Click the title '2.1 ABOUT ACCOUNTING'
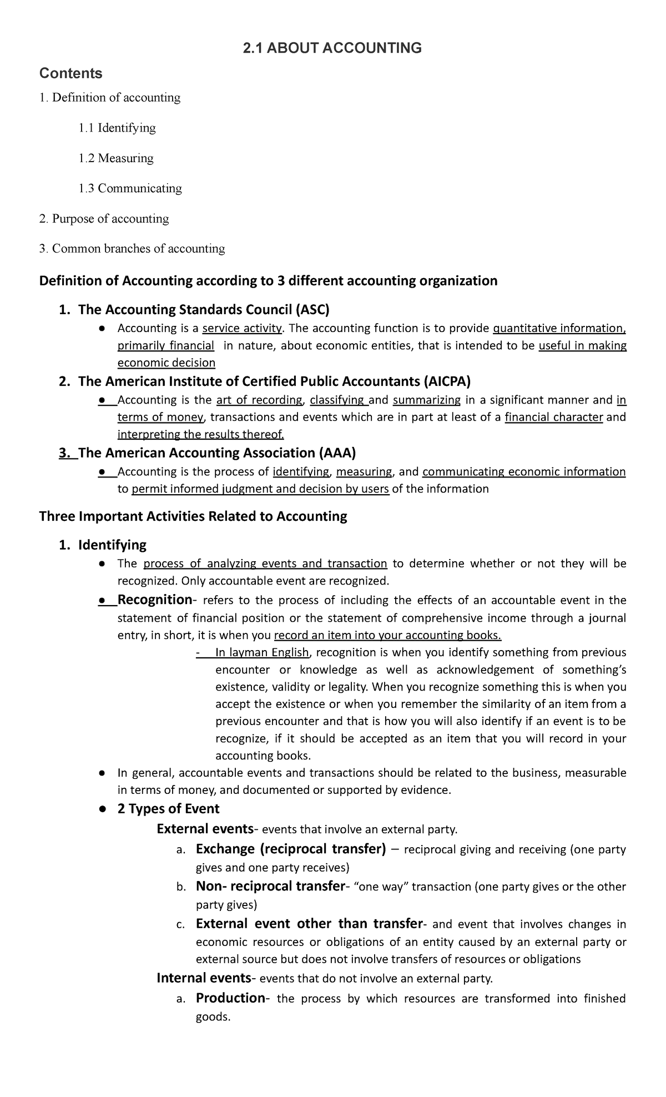(332, 48)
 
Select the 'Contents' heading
(70, 73)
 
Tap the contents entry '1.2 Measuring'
(115, 158)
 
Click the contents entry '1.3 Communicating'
(130, 188)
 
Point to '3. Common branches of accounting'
(132, 248)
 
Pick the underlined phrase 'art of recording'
(259, 400)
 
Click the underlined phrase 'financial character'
(553, 417)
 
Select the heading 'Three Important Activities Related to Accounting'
(193, 516)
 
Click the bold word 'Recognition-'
(156, 600)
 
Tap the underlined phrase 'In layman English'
(261, 652)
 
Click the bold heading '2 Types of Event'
(168, 808)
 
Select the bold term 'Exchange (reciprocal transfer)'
(291, 849)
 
